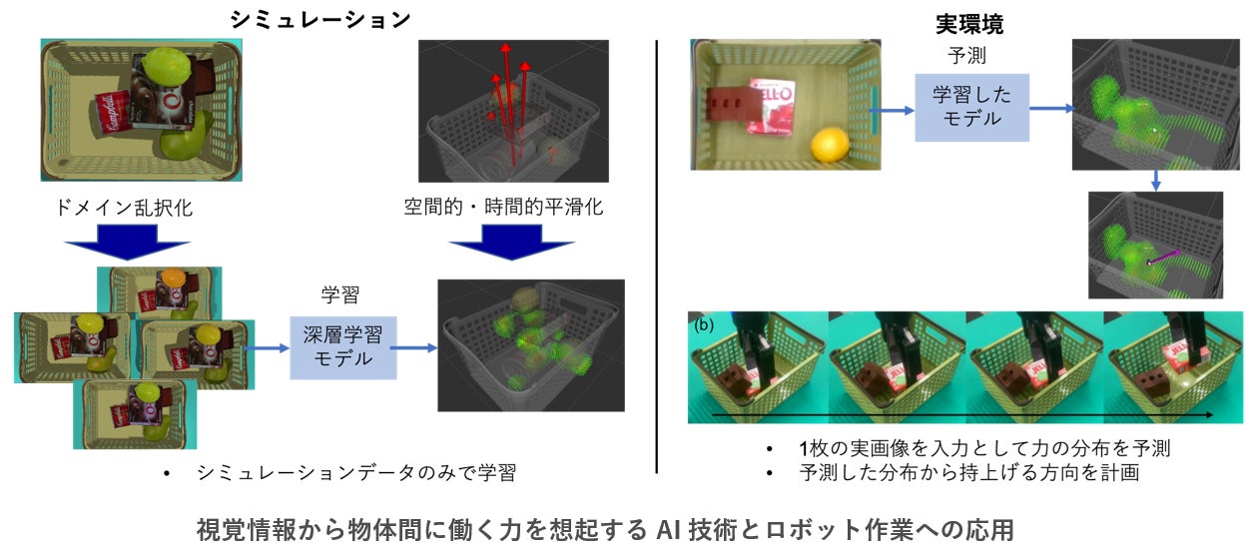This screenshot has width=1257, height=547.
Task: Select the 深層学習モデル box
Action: [342, 343]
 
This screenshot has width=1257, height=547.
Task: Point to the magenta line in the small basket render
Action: [1164, 257]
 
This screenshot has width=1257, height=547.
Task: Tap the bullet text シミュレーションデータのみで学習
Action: [356, 473]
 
